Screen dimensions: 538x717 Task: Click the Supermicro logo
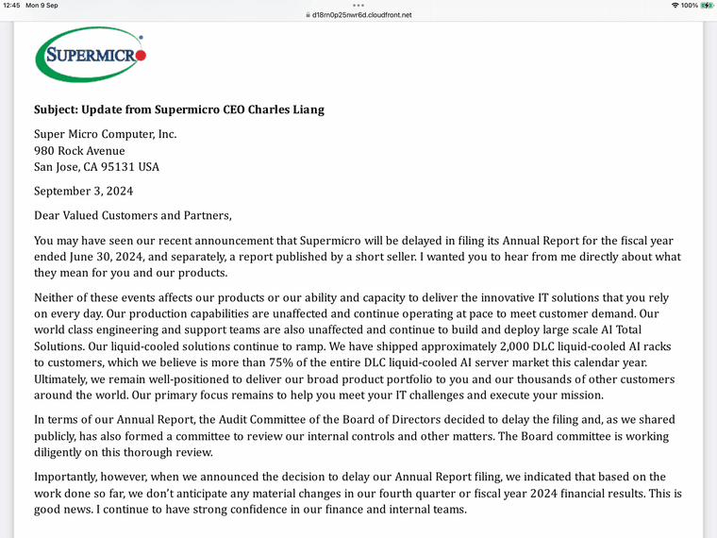click(x=91, y=55)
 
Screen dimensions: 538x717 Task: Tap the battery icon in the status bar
click(x=708, y=6)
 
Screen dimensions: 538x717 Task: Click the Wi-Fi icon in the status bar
click(x=675, y=6)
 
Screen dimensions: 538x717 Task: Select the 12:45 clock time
click(x=10, y=6)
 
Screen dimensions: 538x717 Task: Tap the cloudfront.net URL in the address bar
click(x=362, y=15)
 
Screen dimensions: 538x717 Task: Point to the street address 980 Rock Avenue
click(x=79, y=151)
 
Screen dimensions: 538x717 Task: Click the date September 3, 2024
click(x=83, y=191)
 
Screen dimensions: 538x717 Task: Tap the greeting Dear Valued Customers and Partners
click(x=132, y=215)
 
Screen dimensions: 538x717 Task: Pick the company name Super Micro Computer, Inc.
click(x=105, y=134)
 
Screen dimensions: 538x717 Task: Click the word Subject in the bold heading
click(x=57, y=109)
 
